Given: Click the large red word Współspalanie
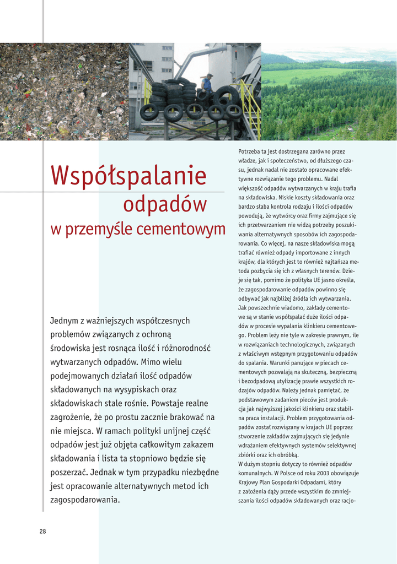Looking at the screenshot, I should click(128, 176).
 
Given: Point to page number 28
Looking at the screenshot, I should click(42, 531).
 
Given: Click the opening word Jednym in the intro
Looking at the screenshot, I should click(63, 321).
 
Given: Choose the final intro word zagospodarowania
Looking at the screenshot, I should click(84, 500).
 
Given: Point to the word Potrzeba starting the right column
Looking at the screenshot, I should click(251, 151).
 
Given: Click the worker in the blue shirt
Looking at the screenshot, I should click(207, 84).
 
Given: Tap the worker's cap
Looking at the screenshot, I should click(209, 75).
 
